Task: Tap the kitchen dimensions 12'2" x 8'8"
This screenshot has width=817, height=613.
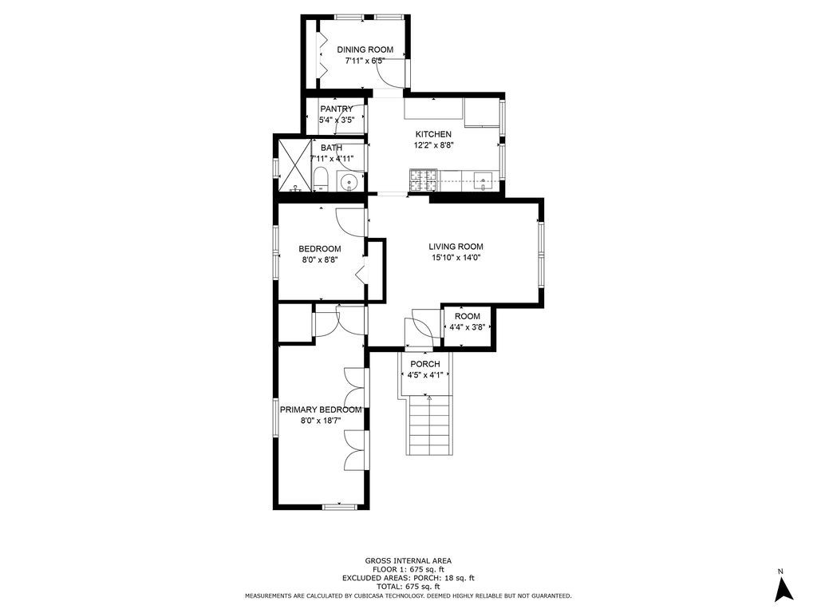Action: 433,146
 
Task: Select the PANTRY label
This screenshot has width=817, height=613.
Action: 336,109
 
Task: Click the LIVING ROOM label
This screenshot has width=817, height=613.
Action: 456,247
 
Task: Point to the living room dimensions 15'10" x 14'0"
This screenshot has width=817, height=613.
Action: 456,258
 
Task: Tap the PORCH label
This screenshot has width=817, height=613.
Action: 425,364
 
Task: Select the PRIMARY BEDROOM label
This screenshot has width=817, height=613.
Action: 320,409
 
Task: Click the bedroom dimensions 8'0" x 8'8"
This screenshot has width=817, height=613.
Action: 320,260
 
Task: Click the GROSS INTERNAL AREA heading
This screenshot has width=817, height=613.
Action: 408,561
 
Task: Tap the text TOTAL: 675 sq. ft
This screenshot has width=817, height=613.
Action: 408,587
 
